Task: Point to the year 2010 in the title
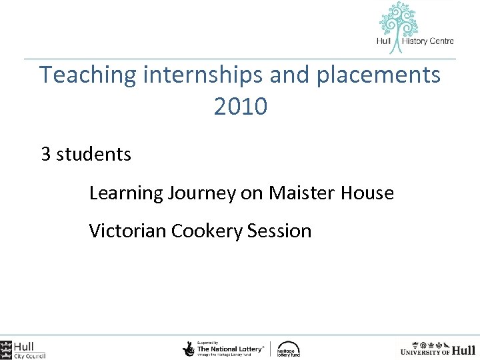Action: (x=241, y=106)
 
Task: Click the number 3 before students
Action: (x=46, y=155)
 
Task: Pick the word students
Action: (x=94, y=155)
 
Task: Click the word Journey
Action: (x=202, y=193)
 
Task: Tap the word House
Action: (x=367, y=193)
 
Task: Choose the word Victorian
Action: (x=127, y=231)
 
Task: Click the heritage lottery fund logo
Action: (x=288, y=349)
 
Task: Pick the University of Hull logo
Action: (x=437, y=349)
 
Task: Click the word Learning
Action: (x=126, y=193)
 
